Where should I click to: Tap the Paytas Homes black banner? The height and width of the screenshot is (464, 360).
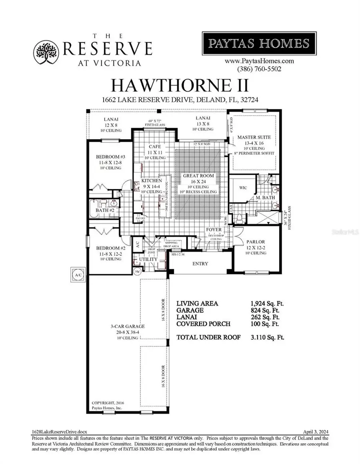(x=259, y=43)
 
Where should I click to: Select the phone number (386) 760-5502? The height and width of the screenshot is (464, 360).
(x=259, y=68)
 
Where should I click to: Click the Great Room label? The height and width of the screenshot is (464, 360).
(x=198, y=176)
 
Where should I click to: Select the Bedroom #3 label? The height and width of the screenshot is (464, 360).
(x=106, y=157)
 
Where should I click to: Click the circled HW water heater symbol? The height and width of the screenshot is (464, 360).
(x=138, y=272)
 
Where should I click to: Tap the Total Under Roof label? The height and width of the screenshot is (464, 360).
(x=208, y=337)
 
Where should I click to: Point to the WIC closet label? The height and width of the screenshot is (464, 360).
(x=243, y=187)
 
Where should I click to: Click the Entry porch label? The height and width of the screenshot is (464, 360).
(x=200, y=264)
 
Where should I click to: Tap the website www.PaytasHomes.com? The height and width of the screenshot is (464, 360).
(x=259, y=61)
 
